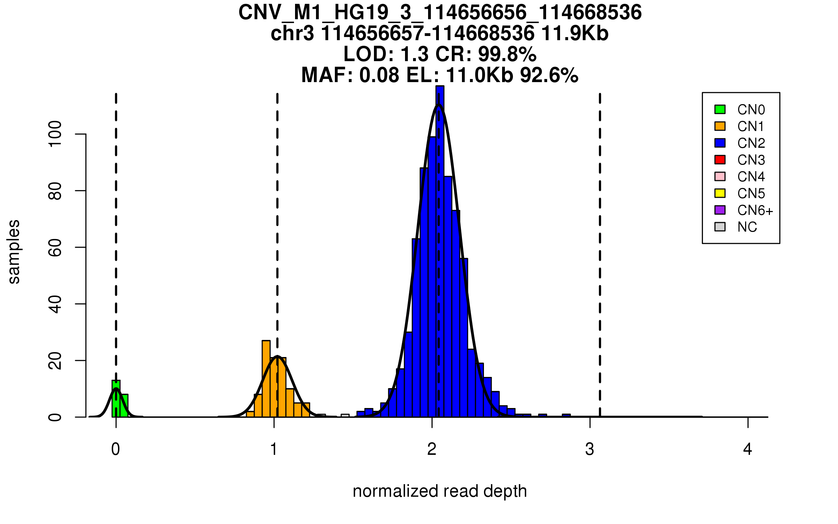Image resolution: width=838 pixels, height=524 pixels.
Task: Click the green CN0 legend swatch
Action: [x=720, y=109]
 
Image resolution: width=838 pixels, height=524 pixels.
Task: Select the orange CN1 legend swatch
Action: [x=720, y=126]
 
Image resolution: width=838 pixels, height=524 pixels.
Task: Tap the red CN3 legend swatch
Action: [x=720, y=160]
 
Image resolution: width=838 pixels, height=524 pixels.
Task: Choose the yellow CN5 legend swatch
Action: [x=720, y=193]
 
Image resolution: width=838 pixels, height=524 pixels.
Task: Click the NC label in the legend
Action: [x=747, y=227]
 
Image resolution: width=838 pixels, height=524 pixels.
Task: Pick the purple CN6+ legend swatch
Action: [x=720, y=210]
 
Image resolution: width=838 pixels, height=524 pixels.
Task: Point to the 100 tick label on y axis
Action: [x=55, y=134]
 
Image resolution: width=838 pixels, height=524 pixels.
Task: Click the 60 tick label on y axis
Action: [x=55, y=247]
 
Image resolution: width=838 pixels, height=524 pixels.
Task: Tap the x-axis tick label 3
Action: [x=590, y=449]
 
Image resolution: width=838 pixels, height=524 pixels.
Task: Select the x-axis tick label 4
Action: [x=748, y=449]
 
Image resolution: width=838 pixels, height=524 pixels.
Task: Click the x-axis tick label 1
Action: [x=274, y=449]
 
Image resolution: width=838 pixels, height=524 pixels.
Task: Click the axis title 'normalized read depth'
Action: [x=440, y=491]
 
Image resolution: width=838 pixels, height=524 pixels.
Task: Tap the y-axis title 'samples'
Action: [x=14, y=252]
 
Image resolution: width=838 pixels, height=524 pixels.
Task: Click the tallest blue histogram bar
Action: [x=440, y=252]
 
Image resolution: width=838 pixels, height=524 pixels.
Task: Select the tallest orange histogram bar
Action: [x=266, y=379]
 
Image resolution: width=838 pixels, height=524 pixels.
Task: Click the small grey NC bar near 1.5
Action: [x=345, y=415]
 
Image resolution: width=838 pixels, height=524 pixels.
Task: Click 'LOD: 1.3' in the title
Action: [x=385, y=54]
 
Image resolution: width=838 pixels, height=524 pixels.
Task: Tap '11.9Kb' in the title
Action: [x=575, y=34]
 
